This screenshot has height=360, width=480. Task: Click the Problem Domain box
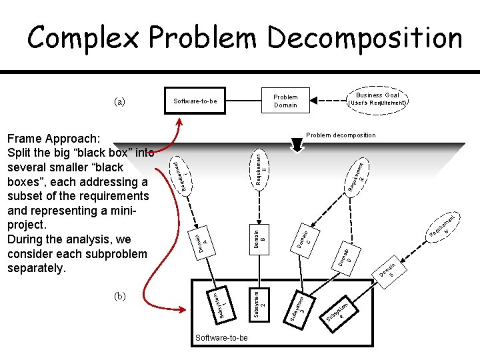[x=286, y=101]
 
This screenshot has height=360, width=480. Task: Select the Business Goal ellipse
[x=377, y=99]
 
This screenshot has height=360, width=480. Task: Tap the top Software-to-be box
[x=195, y=101]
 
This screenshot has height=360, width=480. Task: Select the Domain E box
[x=389, y=271]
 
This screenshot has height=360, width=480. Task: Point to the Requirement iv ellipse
[x=443, y=227]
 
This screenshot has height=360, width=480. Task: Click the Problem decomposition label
[x=340, y=135]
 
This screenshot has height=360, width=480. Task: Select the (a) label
[x=119, y=101]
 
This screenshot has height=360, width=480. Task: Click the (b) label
[x=119, y=296]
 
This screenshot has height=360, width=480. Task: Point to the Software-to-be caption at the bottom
[x=221, y=338]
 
